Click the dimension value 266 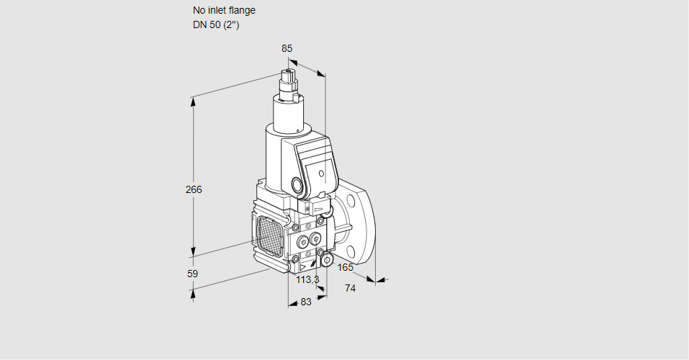[x=193, y=190]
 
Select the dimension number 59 [x=192, y=274]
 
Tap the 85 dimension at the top [x=287, y=48]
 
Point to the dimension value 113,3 [x=307, y=279]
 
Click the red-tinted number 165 [x=346, y=268]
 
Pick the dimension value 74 [x=351, y=288]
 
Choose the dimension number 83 [x=306, y=302]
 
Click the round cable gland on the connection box [x=298, y=184]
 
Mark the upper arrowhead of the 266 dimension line [x=193, y=100]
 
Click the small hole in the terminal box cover [x=321, y=173]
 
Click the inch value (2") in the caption [x=231, y=24]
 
